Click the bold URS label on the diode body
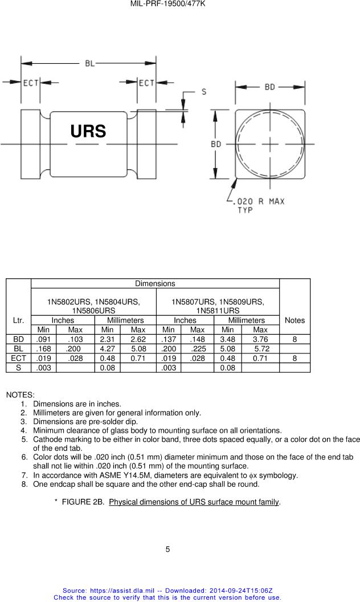[88, 131]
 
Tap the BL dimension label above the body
[90, 63]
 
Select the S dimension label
[203, 92]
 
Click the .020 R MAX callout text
[260, 201]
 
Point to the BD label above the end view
[270, 87]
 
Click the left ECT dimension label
[30, 83]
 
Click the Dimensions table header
[155, 283]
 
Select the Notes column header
[294, 320]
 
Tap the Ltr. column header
[18, 320]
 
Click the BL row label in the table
[18, 349]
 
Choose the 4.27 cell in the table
[107, 349]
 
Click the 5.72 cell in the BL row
[261, 349]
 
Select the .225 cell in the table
[198, 349]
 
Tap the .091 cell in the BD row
[43, 339]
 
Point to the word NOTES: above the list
[20, 394]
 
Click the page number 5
[167, 550]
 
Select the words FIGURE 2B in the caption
[83, 502]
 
